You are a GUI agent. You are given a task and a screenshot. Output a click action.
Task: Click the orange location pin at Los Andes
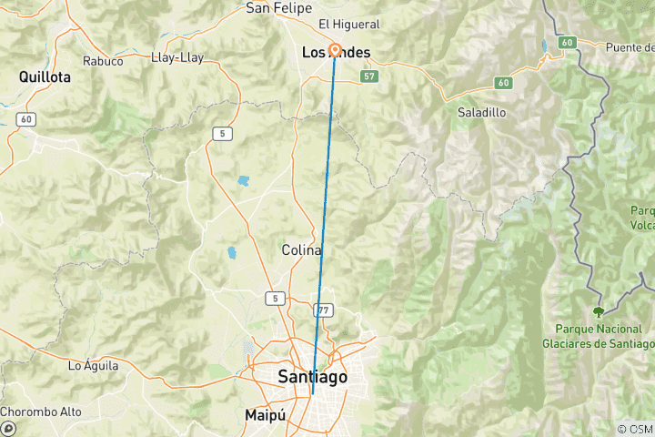[x=335, y=50]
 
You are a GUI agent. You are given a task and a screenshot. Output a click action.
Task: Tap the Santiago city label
[x=312, y=377]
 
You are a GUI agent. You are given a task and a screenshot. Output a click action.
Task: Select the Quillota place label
[x=45, y=78]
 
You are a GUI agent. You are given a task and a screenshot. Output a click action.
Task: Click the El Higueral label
[x=348, y=24]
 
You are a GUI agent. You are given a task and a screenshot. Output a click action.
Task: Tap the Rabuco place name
[x=103, y=62]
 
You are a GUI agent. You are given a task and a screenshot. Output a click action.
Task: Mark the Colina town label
[x=301, y=250]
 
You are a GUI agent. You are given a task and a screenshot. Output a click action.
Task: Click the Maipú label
[x=266, y=415]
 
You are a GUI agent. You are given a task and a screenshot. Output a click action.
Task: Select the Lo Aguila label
[x=94, y=366]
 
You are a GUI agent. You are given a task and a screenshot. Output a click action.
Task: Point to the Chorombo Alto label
[x=41, y=412]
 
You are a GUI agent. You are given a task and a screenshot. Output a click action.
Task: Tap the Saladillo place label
[x=482, y=113]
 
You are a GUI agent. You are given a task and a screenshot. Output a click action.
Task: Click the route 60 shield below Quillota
[x=26, y=119]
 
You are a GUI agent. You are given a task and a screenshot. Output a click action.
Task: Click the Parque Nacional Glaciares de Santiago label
[x=598, y=336]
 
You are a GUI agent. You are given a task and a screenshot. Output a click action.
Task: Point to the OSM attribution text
[x=634, y=429]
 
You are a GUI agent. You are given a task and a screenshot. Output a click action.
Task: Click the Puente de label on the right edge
[x=630, y=47]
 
